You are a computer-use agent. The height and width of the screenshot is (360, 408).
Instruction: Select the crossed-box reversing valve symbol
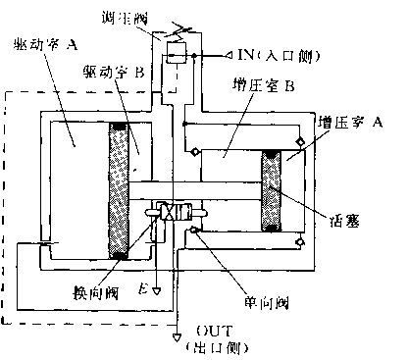168,211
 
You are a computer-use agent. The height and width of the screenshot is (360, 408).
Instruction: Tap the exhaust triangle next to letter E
155,290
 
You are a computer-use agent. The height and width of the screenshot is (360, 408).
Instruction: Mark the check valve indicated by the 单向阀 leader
195,230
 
